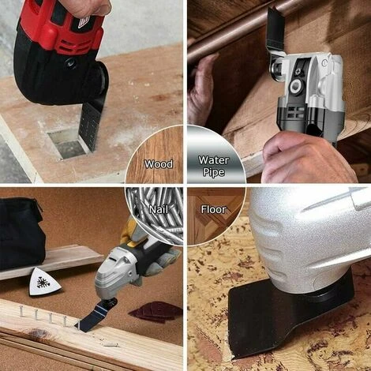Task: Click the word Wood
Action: [159, 164]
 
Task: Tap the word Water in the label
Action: [213, 160]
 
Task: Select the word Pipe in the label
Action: [213, 172]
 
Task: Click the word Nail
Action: [159, 209]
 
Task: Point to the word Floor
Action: [213, 209]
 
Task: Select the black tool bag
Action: [21, 234]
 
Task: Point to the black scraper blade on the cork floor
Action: [274, 316]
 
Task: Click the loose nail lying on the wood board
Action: [111, 344]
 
